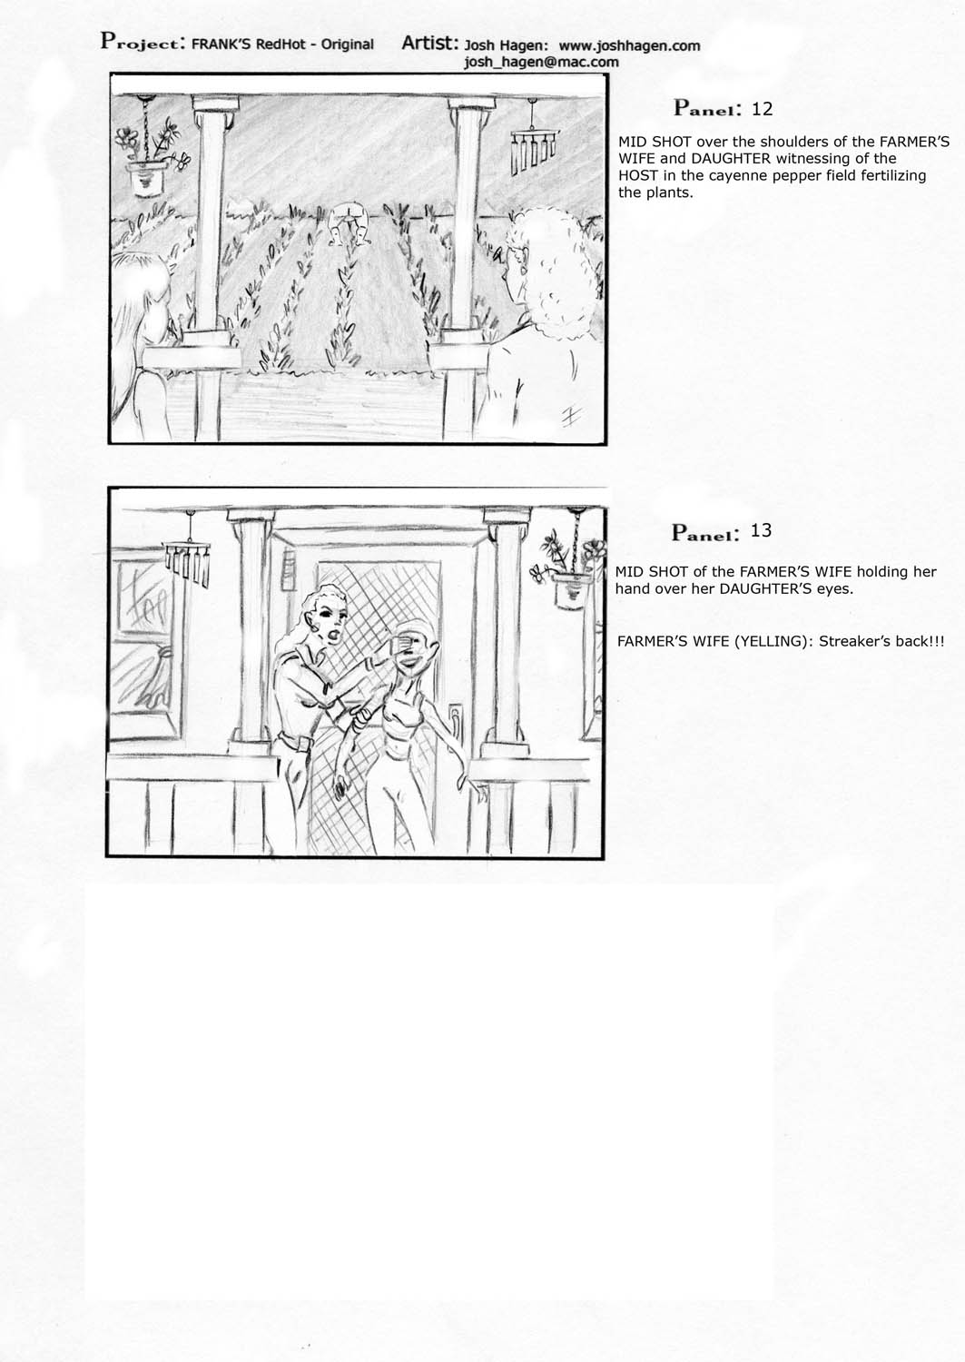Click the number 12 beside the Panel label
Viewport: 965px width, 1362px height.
[762, 109]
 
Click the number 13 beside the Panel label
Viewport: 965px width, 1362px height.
[761, 531]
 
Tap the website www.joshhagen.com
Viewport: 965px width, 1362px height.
[629, 45]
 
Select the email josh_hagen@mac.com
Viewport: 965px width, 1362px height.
[541, 62]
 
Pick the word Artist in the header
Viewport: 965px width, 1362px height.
[430, 43]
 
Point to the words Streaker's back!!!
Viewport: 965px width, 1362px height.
[881, 641]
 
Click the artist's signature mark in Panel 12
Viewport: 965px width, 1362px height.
[570, 417]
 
